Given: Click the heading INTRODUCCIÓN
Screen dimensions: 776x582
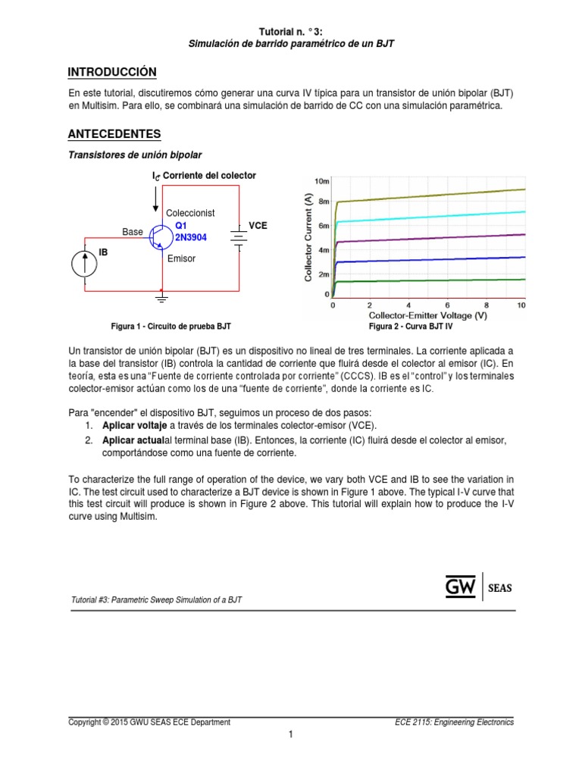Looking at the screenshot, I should click(x=112, y=72).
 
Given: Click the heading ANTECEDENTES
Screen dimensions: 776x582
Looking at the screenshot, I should click(x=114, y=134).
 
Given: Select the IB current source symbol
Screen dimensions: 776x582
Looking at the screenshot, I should click(x=84, y=264).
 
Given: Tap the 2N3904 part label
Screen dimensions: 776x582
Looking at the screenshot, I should click(x=191, y=237).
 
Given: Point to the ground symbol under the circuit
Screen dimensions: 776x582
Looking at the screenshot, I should click(x=161, y=296).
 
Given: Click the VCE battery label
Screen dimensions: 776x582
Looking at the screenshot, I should click(x=258, y=226).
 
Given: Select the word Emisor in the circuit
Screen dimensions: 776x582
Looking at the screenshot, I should click(x=181, y=258).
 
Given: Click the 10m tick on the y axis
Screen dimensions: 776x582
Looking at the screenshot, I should click(x=322, y=181).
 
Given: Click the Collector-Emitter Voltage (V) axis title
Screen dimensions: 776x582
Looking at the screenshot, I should click(x=427, y=314).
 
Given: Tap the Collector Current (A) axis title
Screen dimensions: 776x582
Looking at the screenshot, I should click(x=308, y=237).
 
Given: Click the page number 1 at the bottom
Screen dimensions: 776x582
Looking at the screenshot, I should click(x=290, y=734).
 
